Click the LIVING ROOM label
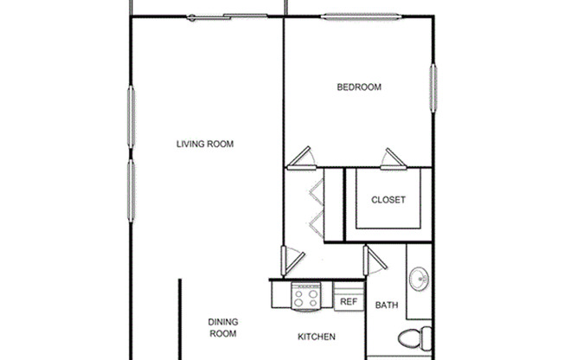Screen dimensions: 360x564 point(205,144)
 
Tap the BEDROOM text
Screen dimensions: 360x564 point(359,87)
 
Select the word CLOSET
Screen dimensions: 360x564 point(388,200)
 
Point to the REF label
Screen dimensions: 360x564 point(348,302)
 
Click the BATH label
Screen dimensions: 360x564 point(385,305)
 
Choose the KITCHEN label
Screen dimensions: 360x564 point(317,337)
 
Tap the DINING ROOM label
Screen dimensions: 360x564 point(222,328)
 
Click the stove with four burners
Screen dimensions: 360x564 point(305,299)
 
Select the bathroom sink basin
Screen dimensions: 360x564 point(420,279)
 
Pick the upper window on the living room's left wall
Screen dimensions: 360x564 point(131,117)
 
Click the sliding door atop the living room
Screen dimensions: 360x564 point(227,16)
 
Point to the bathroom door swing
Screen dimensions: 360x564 point(374,260)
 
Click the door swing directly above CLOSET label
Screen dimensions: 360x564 point(394,159)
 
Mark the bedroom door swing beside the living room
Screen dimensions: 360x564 point(301,157)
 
